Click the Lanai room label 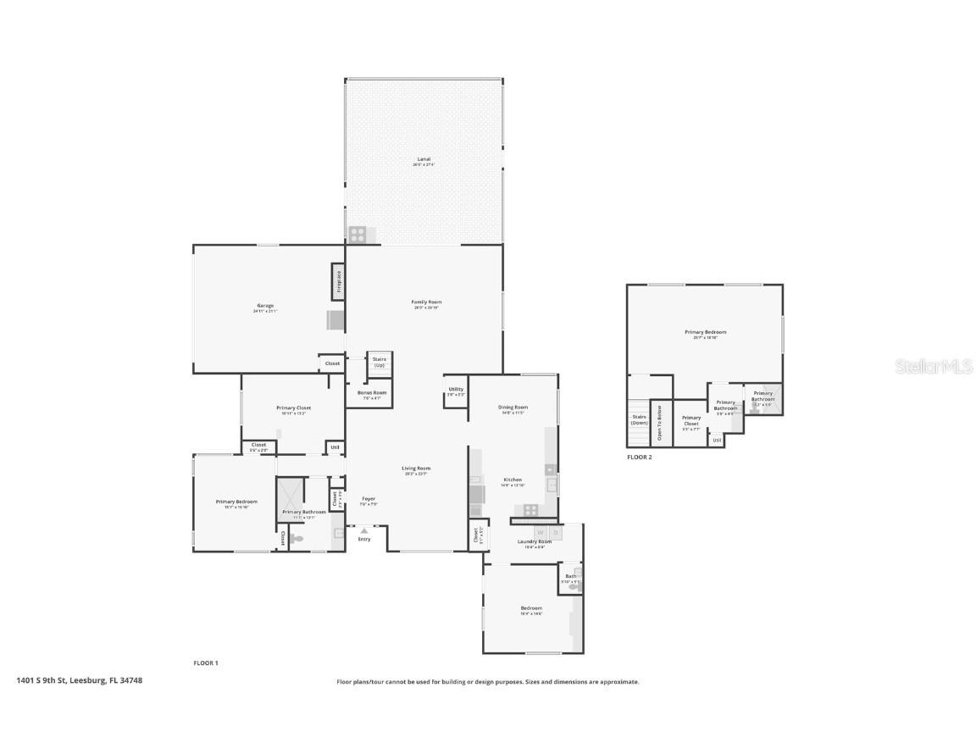[x=424, y=159]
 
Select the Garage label [x=265, y=306]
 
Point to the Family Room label [x=426, y=302]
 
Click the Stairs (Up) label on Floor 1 [x=379, y=362]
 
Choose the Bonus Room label [x=372, y=393]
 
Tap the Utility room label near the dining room [x=456, y=390]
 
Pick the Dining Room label [x=513, y=408]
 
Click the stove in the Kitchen [x=530, y=509]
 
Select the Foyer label [x=369, y=499]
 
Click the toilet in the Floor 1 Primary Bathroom [x=297, y=538]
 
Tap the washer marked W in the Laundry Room [x=540, y=533]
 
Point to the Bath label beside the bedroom [x=571, y=577]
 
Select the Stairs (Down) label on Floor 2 [x=639, y=419]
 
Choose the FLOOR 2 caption [x=640, y=457]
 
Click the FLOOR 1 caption [x=206, y=663]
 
